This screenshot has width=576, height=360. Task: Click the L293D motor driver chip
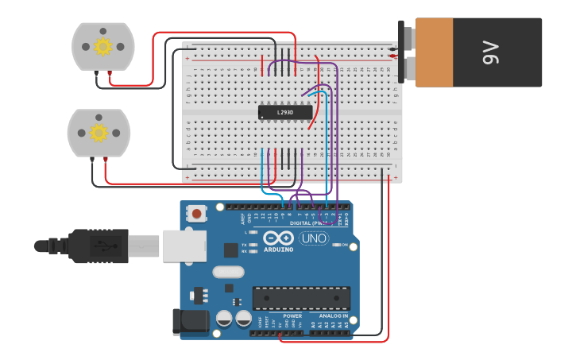coord(285,112)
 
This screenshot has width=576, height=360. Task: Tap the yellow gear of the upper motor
coord(102,46)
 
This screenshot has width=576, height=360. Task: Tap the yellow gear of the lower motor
coord(98,132)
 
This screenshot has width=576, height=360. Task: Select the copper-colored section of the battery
coord(434,52)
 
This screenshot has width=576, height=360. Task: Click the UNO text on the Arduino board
coord(314,238)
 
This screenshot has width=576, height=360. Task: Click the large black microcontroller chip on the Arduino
coord(301,297)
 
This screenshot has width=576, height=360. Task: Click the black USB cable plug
coord(99,246)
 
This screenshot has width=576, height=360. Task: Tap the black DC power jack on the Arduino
coord(194,322)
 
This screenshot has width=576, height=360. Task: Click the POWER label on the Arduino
coord(292,315)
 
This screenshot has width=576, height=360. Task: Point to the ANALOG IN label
coord(333,315)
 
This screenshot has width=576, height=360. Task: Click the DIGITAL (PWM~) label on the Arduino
coord(311,223)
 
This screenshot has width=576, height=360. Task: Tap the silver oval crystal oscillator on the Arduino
coord(228,272)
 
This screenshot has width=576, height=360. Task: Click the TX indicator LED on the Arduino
coord(253,244)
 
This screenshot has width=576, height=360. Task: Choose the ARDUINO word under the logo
coord(278,250)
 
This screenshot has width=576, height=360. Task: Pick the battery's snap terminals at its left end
coord(408,52)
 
